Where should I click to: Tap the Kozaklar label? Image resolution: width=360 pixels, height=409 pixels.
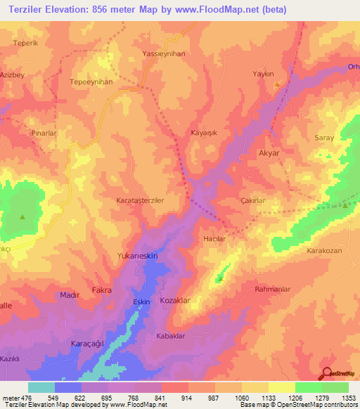176,300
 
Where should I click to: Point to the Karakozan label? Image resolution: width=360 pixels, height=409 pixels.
324,250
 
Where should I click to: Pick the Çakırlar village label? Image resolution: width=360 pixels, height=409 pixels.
252,201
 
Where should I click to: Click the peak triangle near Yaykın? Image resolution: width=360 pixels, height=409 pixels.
277,84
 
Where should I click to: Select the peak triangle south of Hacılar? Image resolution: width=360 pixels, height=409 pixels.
220,279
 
